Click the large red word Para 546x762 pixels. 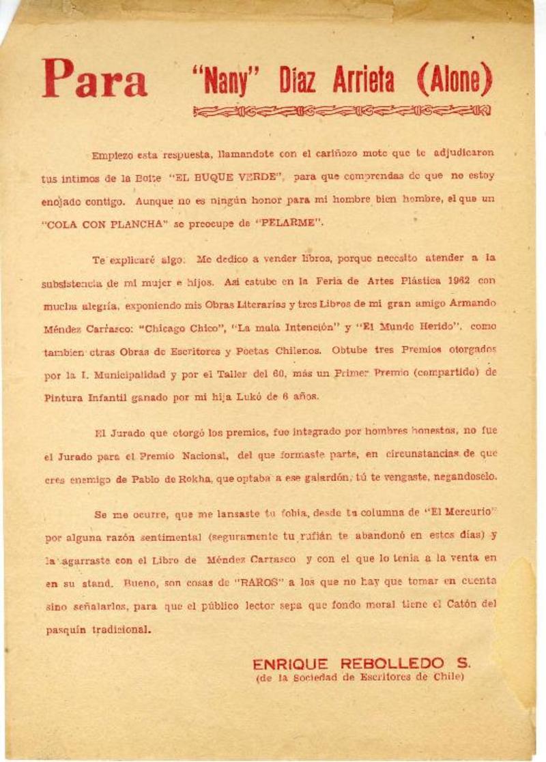pyautogui.click(x=94, y=79)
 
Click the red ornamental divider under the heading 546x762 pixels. pyautogui.click(x=341, y=111)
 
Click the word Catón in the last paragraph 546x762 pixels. pyautogui.click(x=463, y=604)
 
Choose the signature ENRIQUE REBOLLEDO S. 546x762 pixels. pyautogui.click(x=361, y=663)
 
